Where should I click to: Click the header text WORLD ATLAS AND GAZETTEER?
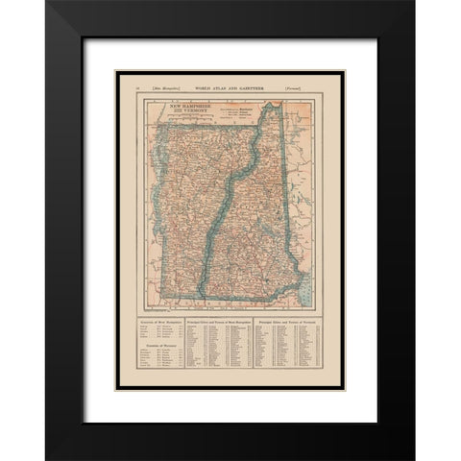(230, 88)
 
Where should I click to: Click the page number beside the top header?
(138, 88)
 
